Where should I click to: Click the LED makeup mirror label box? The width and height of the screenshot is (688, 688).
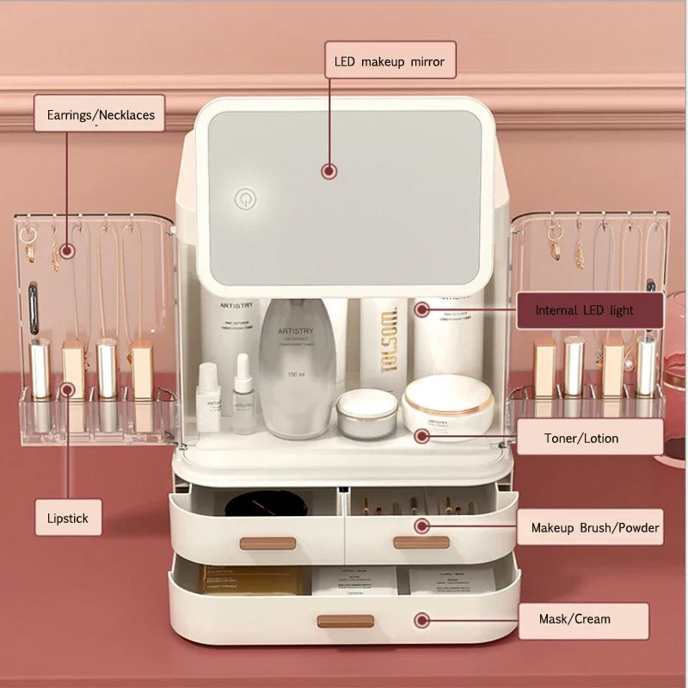click(390, 60)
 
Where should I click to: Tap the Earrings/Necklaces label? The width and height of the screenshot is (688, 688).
click(100, 114)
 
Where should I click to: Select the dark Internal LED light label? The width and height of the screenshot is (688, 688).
click(590, 310)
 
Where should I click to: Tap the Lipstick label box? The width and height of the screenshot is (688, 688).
click(68, 519)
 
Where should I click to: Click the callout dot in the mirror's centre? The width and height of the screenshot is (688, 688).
click(329, 171)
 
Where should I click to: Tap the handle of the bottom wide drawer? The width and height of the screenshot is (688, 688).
click(345, 621)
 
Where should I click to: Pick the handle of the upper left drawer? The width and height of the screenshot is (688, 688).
click(267, 544)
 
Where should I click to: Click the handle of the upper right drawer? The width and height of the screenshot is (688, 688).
click(421, 543)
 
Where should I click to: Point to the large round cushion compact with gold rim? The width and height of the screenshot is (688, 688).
click(447, 404)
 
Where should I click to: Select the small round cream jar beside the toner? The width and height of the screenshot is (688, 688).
click(367, 414)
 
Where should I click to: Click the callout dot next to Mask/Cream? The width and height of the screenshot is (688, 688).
click(421, 619)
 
